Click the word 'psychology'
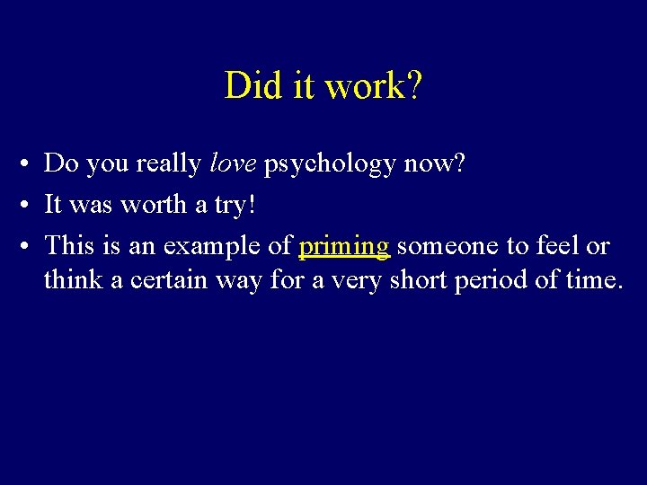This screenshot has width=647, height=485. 330,164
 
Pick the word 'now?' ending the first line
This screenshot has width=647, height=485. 435,163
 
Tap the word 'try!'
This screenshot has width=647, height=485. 235,206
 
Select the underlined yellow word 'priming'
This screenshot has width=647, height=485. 344,246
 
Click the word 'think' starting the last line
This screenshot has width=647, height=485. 74,279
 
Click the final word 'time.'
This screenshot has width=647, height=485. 593,279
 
